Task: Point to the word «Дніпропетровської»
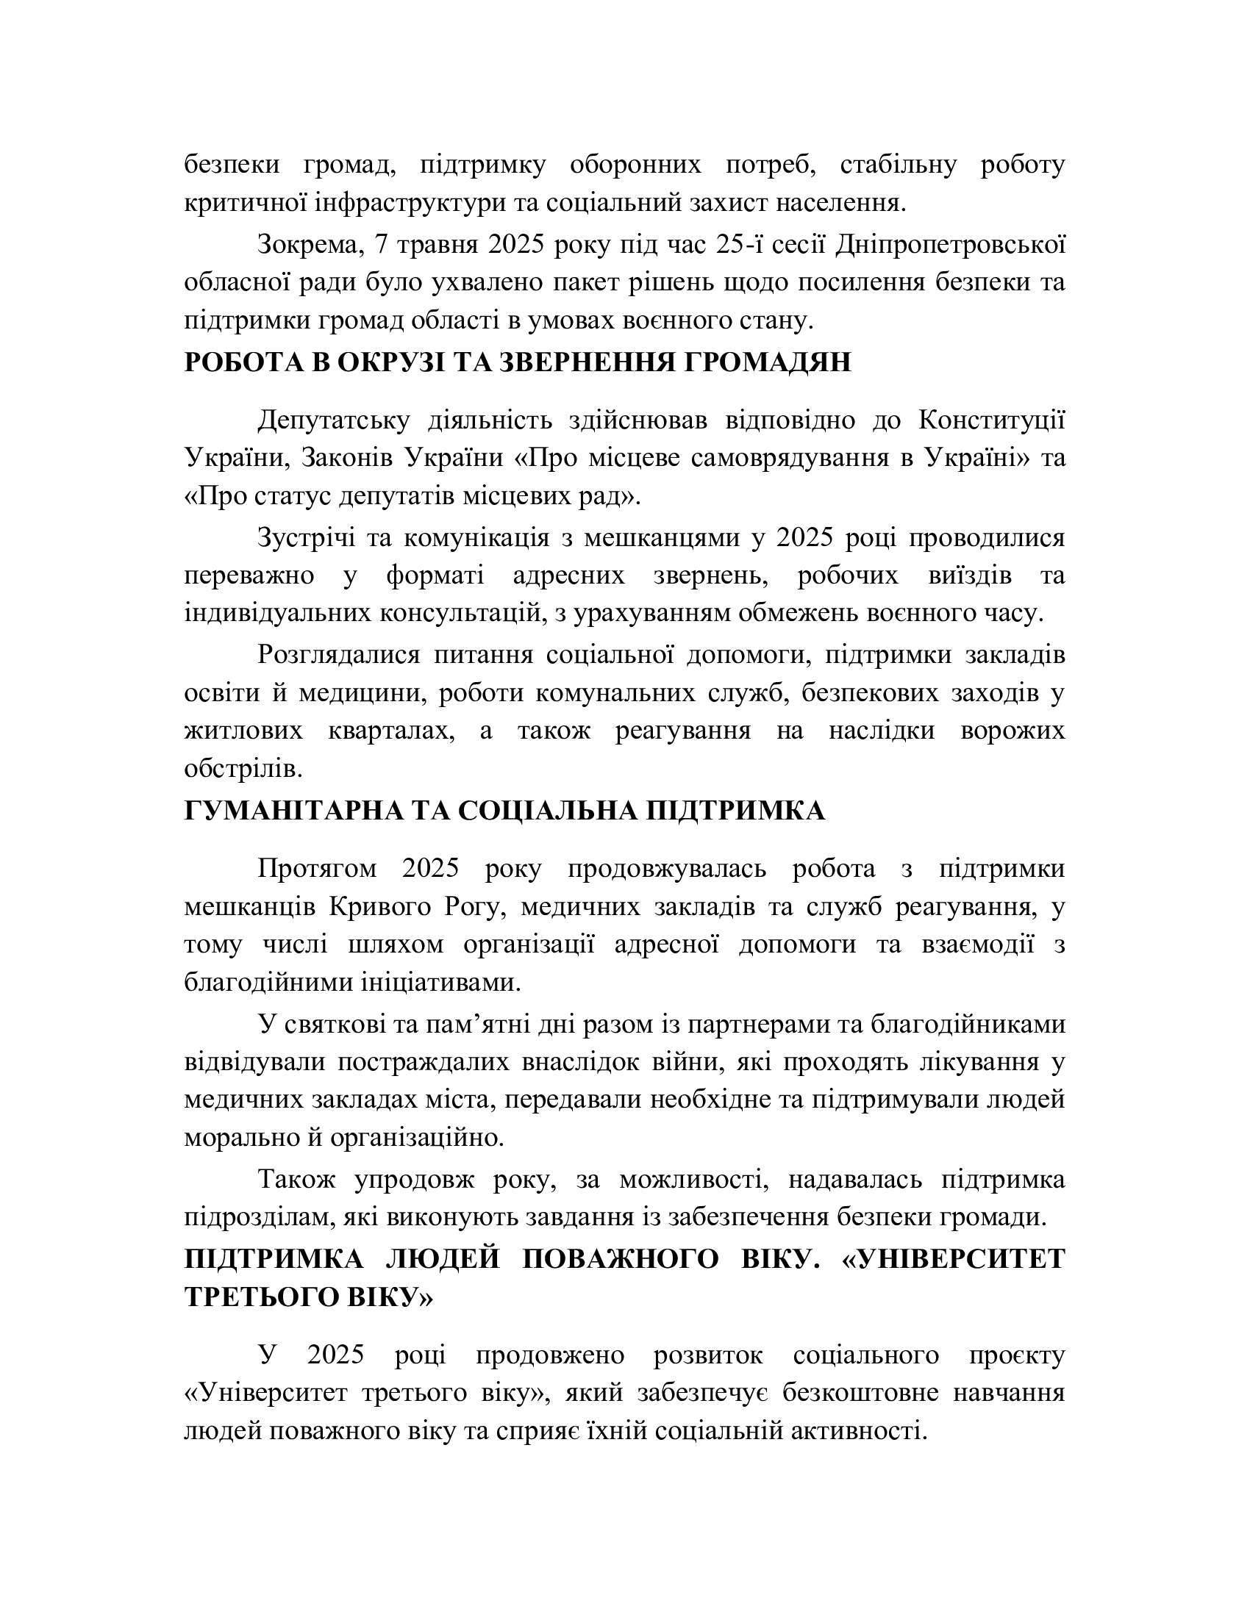coord(950,245)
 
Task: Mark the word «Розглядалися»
coord(338,655)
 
